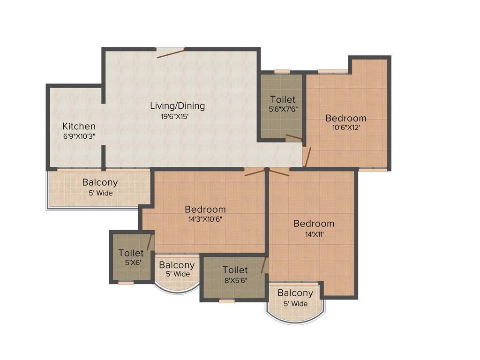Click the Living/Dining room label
pos(177,105)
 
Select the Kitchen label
pos(79,126)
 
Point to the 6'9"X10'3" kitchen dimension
pos(79,136)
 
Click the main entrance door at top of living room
pos(170,52)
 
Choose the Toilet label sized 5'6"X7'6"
pos(283,99)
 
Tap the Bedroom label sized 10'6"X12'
pos(346,118)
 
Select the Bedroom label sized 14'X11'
pos(314,224)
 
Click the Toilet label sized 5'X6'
pos(131,253)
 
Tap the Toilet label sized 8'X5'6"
pos(235,270)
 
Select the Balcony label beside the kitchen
pos(100,182)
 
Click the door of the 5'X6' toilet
pos(150,242)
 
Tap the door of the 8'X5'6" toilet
pos(263,265)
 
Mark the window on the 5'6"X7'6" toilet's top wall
pos(282,72)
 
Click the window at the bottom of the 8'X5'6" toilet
pos(226,301)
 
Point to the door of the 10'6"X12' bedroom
pos(307,157)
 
